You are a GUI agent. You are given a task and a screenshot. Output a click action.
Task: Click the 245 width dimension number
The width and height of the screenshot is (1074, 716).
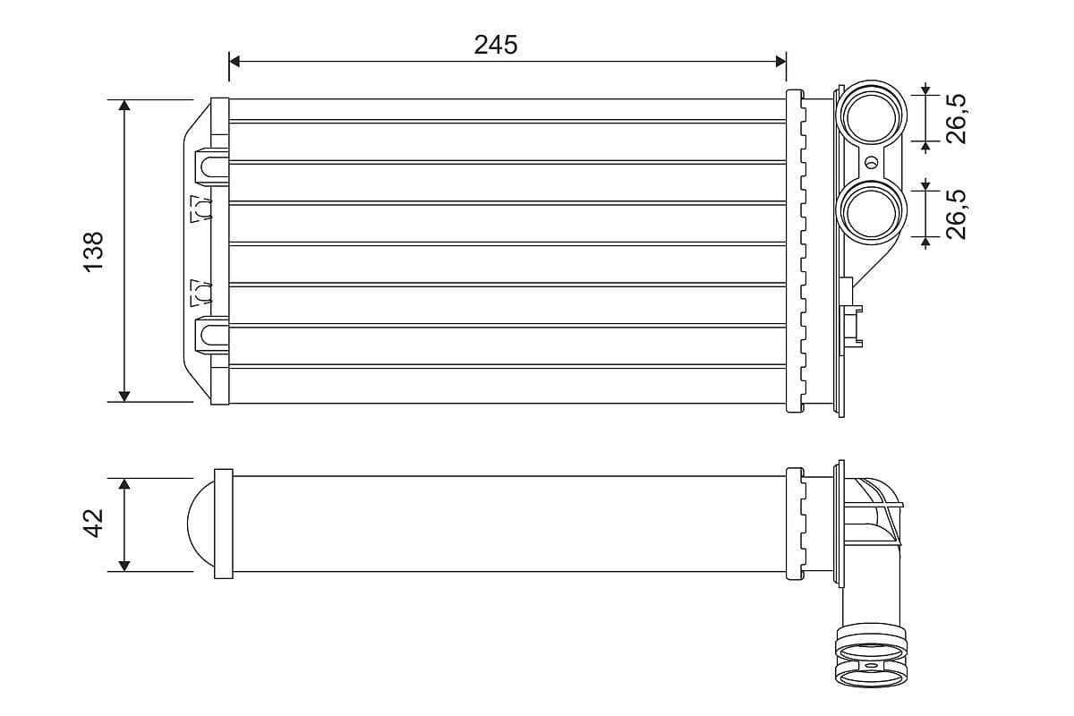tap(496, 45)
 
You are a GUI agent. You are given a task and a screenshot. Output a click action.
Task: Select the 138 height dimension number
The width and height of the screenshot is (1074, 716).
tap(94, 251)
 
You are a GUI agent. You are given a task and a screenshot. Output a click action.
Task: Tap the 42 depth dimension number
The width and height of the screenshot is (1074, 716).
tap(94, 524)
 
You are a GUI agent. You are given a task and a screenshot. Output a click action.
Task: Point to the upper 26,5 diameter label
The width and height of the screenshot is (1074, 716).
tap(957, 117)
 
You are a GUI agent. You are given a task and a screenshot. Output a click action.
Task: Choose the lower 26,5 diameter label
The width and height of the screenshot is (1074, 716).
tap(957, 213)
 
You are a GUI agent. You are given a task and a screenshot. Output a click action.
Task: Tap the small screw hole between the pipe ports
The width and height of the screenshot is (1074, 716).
tap(873, 163)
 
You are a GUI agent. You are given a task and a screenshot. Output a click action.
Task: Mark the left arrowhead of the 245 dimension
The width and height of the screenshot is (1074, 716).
tap(235, 61)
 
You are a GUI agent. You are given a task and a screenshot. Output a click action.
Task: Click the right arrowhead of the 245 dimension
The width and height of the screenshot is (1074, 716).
tap(780, 61)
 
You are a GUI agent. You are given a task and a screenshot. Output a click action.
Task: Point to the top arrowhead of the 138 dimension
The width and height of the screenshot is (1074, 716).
tap(124, 107)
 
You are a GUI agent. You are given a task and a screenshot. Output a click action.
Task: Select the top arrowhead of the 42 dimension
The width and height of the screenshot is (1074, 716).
tap(124, 484)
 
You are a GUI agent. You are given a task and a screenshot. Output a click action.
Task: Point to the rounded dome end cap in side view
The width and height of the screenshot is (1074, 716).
tap(200, 524)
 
